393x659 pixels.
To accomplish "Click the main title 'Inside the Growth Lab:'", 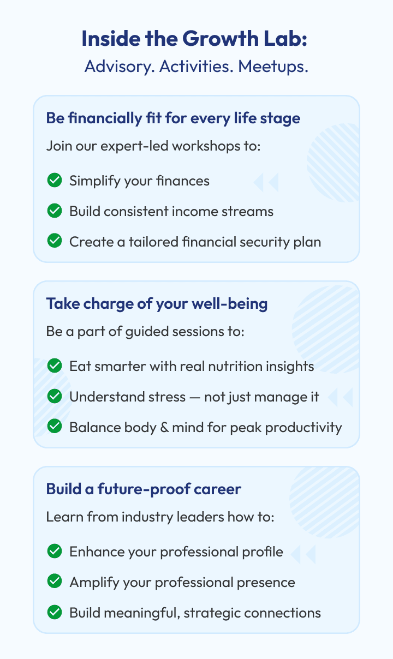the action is point(194,39).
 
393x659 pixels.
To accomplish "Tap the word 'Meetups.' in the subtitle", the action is point(273,67).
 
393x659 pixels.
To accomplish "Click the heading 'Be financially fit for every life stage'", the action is point(173,118).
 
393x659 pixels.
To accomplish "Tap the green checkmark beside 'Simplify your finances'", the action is point(55,180).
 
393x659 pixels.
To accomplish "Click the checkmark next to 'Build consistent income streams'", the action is point(55,211).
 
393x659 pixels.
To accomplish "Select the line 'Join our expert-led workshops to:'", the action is point(153,146).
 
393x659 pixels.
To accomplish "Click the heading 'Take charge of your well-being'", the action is point(157,304).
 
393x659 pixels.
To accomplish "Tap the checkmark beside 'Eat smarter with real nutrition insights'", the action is point(55,366).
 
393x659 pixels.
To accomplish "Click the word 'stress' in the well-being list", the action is point(167,397).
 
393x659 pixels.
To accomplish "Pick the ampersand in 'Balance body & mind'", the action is point(164,428).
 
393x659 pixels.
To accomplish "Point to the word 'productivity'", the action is point(303,428).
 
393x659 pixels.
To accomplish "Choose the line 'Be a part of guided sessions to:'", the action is point(145,332).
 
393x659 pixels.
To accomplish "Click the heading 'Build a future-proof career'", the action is point(144,489).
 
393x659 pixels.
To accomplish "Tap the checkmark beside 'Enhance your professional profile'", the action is point(55,551).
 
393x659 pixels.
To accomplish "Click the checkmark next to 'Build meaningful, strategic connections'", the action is point(55,612).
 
